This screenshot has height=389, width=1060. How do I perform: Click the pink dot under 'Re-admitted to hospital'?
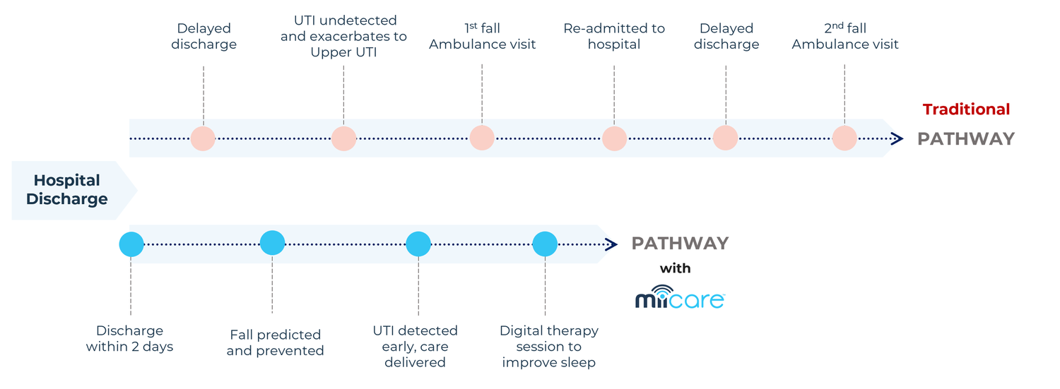tap(614, 138)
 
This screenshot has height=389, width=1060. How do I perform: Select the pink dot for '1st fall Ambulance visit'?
tap(482, 138)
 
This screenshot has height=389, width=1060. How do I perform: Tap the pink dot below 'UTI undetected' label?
tap(343, 138)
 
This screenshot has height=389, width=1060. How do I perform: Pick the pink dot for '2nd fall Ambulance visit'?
tap(844, 138)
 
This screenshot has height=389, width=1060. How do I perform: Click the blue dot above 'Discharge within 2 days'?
tap(131, 244)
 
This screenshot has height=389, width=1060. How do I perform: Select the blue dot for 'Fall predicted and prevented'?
tap(272, 243)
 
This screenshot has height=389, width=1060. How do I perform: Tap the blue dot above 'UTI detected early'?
tap(418, 244)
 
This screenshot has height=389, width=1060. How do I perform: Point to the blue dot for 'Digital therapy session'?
tap(545, 244)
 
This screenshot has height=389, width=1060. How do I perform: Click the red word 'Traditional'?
tap(966, 109)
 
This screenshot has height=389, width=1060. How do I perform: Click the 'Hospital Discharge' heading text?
tap(66, 189)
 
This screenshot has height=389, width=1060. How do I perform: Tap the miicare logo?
tap(680, 297)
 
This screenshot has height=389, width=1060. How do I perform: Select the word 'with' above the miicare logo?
tap(676, 268)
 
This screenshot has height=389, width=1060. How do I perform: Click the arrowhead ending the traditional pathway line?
tap(897, 138)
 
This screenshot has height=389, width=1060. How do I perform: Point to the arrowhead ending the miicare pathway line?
tap(611, 244)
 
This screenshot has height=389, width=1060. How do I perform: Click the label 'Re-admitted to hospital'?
tap(614, 36)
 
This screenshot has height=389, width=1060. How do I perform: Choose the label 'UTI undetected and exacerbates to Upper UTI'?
tap(343, 36)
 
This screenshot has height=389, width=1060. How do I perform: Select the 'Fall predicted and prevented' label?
tap(275, 342)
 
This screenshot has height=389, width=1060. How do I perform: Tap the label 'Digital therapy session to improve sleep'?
tap(549, 347)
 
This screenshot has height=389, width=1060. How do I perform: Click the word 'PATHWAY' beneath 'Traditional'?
tap(966, 139)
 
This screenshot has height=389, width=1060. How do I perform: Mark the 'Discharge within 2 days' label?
tap(129, 338)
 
